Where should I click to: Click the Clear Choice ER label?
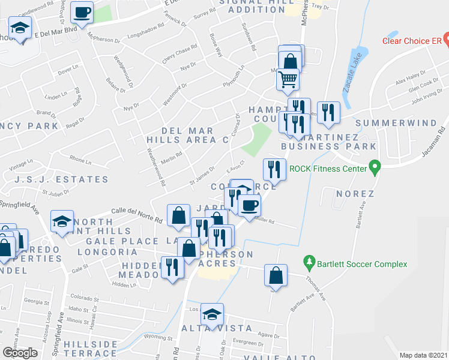coord(412,41)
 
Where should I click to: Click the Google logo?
coord(20,353)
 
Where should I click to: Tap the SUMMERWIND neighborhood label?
coord(396,123)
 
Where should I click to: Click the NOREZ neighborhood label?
coord(355,194)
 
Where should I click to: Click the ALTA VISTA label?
coord(209,328)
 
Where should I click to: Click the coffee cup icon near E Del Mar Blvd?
coord(82,11)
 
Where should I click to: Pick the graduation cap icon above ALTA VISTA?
coord(212,314)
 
